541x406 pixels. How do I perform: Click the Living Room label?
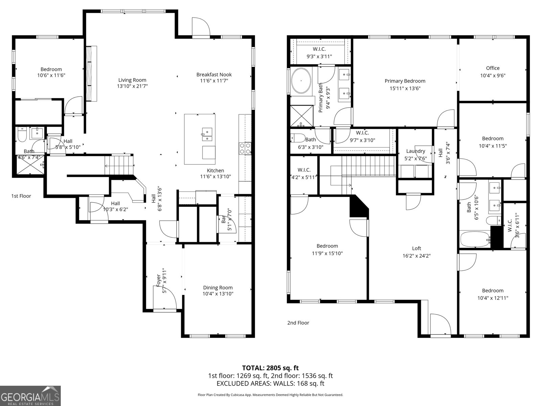tap(132, 80)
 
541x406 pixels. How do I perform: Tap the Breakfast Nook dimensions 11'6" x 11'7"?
tap(214, 81)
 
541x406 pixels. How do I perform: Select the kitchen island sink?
tap(207, 134)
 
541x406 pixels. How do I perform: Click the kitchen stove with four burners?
tap(245, 148)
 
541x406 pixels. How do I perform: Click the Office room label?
tap(493, 68)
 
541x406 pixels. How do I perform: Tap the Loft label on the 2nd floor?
tap(417, 248)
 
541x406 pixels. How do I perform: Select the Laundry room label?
tap(416, 151)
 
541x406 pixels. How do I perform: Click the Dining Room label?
tap(218, 288)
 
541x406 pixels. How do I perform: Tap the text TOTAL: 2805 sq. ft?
tap(270, 368)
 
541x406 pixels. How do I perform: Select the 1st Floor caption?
tap(21, 196)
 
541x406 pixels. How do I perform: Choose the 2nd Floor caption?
tap(298, 323)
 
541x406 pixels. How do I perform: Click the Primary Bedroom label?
tap(405, 81)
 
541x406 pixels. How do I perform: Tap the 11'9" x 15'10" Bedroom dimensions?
tap(327, 253)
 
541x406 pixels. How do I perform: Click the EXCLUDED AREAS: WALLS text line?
tap(270, 383)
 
